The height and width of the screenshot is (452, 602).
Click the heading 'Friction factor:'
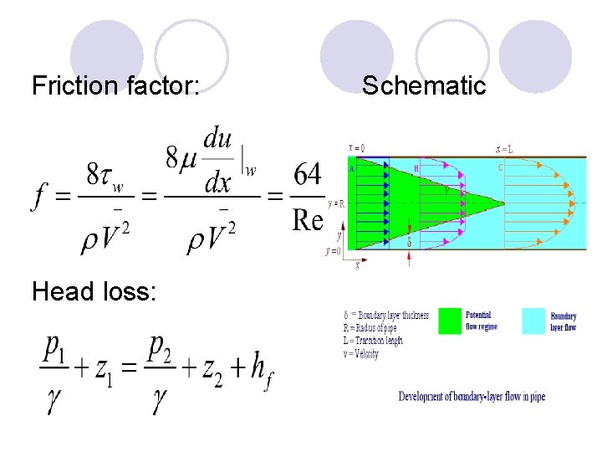115,85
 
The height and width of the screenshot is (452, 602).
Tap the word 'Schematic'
424,85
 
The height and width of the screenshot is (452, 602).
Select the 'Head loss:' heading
93,290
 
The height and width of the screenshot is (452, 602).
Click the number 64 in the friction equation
307,178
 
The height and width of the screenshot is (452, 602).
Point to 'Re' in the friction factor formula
307,219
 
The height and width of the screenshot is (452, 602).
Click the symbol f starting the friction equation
40,199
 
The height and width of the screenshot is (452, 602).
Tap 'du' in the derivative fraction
217,136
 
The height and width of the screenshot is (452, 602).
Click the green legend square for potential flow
450,321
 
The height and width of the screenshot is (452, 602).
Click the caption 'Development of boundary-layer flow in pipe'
472,396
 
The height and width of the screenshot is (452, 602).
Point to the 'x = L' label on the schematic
504,149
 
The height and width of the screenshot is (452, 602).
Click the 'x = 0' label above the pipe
355,148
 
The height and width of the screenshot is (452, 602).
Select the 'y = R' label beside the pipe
337,203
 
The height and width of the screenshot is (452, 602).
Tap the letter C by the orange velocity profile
500,166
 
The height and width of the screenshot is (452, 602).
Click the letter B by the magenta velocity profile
416,167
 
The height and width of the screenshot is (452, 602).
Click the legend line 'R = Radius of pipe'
373,328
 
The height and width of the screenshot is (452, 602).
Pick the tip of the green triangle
504,203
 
